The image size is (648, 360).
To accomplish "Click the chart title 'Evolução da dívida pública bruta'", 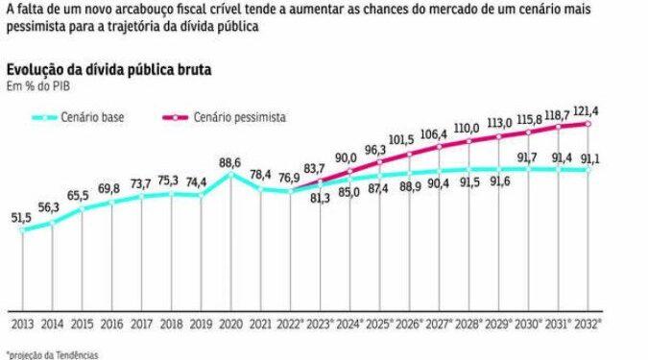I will (x=108, y=71).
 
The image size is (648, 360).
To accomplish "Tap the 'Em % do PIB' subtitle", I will (x=36, y=87).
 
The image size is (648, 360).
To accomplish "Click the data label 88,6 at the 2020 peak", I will (x=229, y=164).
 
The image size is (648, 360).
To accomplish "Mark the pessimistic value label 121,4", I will (x=588, y=110).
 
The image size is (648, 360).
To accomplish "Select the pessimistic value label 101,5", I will (x=407, y=140).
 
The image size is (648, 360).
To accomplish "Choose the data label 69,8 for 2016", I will (x=110, y=190).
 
